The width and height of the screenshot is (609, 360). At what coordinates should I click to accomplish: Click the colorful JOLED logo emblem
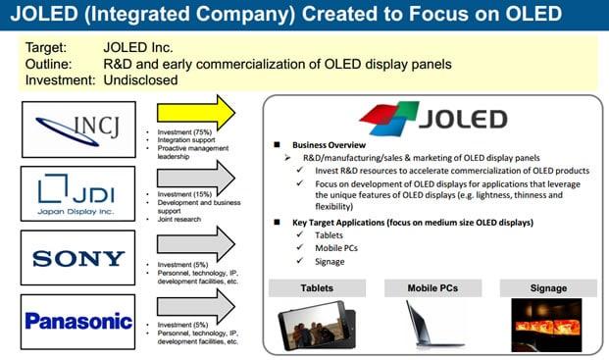pyautogui.click(x=390, y=120)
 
